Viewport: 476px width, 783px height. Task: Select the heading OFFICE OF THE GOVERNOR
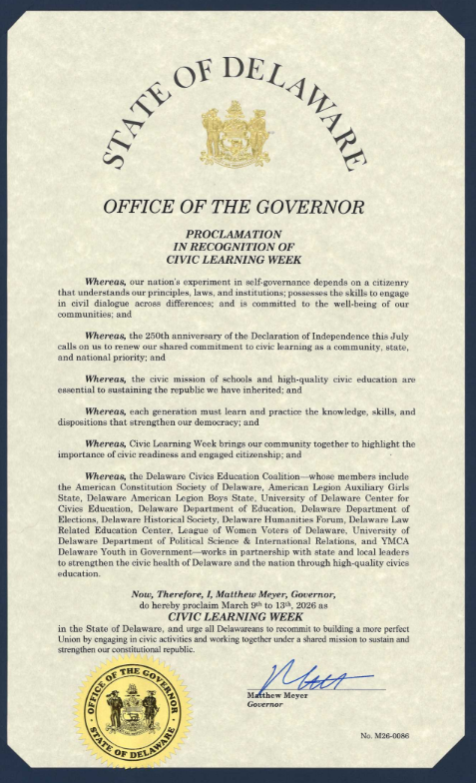[x=235, y=208]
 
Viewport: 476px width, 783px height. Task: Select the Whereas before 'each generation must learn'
[x=133, y=410]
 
